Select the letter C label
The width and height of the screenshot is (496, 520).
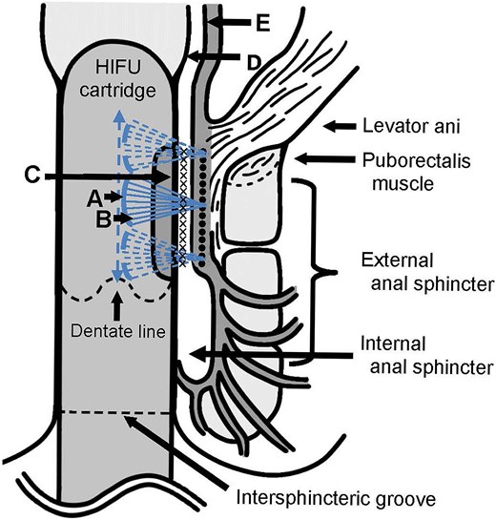(33, 177)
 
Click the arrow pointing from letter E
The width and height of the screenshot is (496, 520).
(232, 19)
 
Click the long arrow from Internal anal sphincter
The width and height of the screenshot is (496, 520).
(258, 352)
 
